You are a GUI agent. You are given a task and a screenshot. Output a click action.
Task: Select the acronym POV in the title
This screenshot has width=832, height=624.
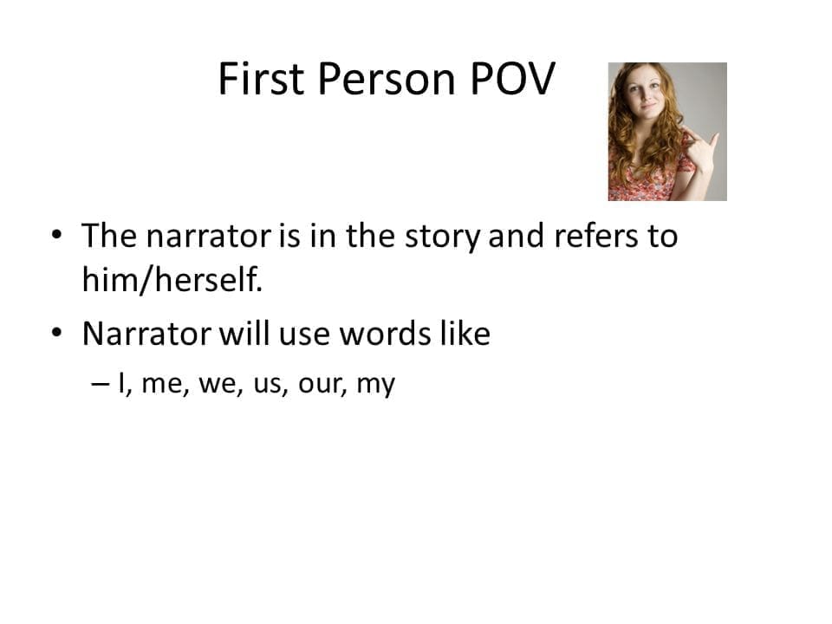[x=511, y=80]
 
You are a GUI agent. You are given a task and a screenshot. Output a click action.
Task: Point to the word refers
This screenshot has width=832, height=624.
[x=596, y=237]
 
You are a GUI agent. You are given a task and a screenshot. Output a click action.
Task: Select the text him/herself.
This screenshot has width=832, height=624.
[x=171, y=280]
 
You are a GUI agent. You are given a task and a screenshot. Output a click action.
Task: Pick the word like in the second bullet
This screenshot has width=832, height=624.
[x=460, y=334]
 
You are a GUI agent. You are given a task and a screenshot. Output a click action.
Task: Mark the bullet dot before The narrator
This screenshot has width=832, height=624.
[x=57, y=235]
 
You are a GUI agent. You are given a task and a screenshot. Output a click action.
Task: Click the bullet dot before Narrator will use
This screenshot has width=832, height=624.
[x=57, y=333]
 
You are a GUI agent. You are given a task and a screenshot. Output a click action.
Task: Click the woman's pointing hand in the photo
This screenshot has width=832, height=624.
[x=700, y=147]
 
